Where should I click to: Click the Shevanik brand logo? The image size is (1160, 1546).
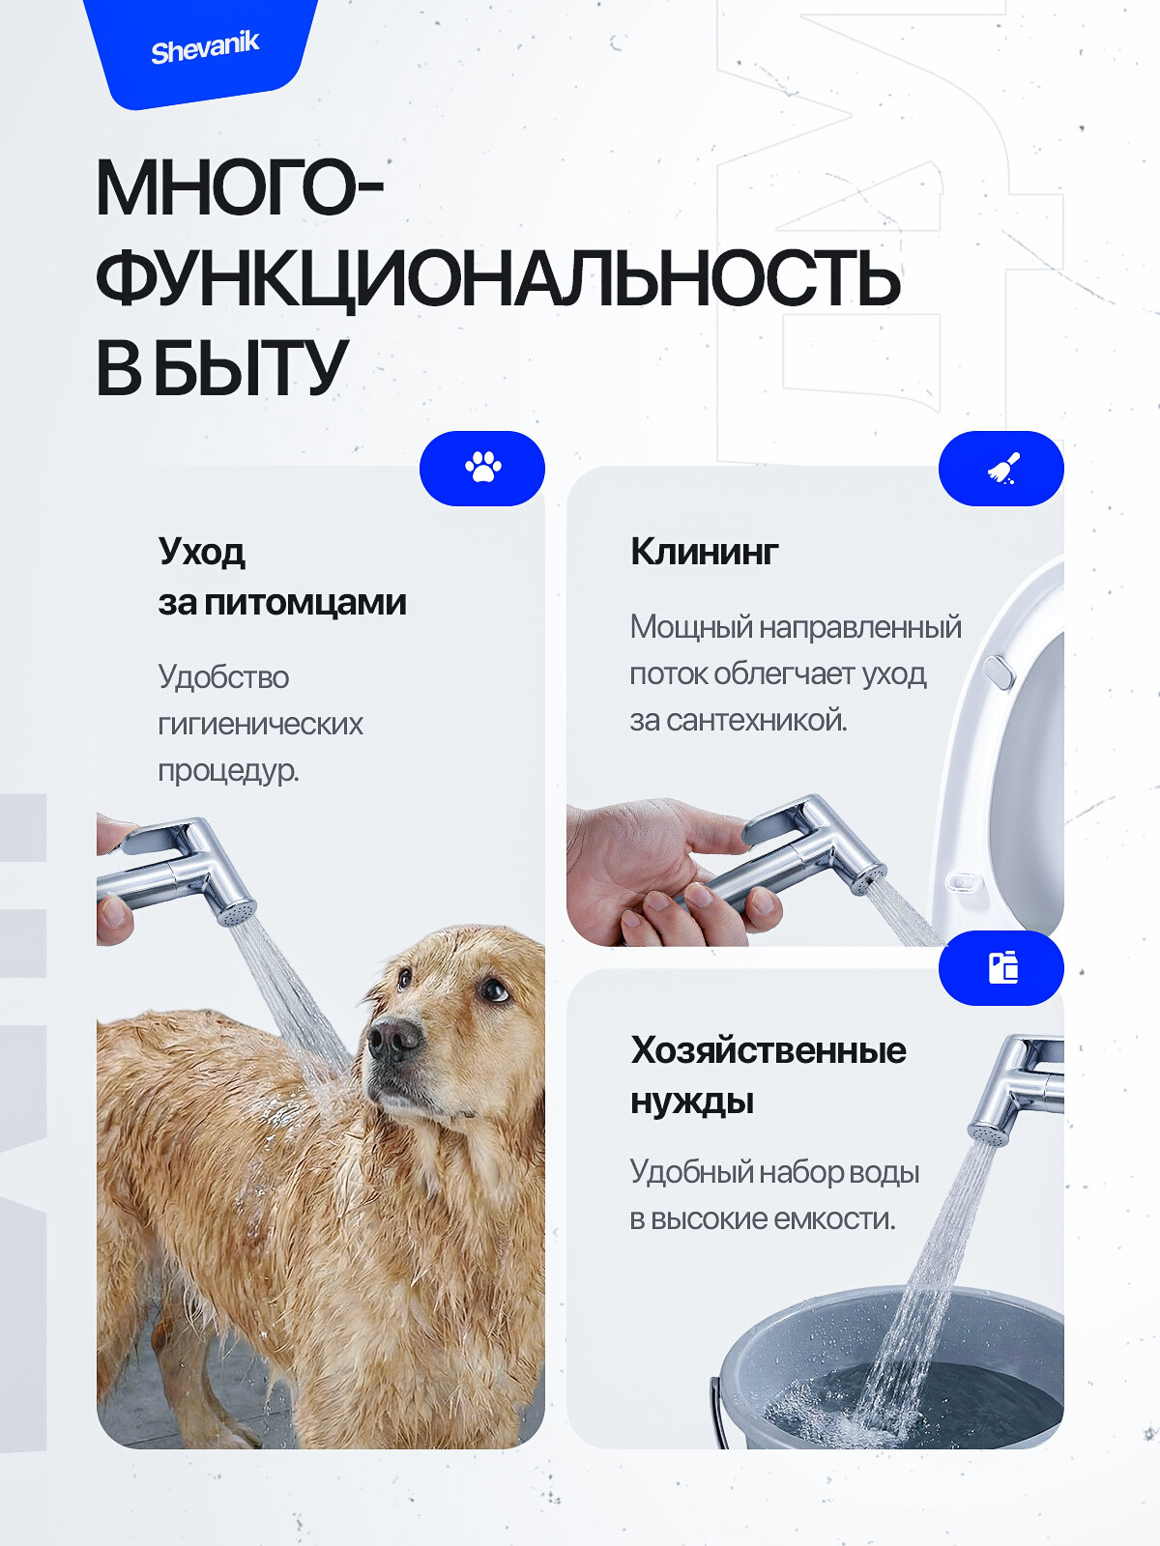point(205,47)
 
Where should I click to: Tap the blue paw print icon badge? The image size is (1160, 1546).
point(482,468)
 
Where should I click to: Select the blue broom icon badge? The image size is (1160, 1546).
point(1001,468)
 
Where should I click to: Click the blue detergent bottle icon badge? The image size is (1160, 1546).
point(1002,967)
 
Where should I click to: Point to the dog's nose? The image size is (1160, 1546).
point(393,1040)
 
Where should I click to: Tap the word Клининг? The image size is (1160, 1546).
point(704,552)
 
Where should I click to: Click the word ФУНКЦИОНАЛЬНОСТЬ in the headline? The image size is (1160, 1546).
point(498,279)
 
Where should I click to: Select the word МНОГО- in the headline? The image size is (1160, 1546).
point(240,188)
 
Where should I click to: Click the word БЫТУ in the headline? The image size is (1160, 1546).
point(250,368)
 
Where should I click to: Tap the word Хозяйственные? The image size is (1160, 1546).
point(768,1050)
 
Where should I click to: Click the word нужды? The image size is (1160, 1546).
point(691,1102)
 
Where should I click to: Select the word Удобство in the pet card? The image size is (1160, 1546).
point(223,677)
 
